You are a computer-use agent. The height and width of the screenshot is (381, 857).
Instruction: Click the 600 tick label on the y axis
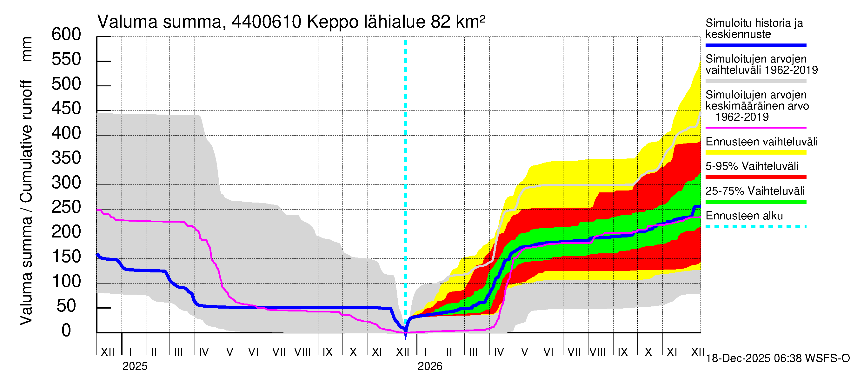[x=66, y=35]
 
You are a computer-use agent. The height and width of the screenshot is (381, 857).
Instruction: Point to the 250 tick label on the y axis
[x=66, y=207]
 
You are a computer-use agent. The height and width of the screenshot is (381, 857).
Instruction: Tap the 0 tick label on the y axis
[x=66, y=331]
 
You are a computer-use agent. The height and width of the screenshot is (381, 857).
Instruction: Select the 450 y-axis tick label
[x=66, y=109]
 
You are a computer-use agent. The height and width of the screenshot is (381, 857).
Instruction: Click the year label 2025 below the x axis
[x=135, y=366]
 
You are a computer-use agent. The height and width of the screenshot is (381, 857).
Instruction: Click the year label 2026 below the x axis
[x=430, y=366]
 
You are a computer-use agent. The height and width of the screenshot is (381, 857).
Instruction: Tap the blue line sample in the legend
[x=755, y=45]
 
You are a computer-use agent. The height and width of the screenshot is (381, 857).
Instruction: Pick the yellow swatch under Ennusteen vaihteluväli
[x=755, y=153]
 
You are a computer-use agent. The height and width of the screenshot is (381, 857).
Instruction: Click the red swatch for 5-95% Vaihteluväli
[x=755, y=177]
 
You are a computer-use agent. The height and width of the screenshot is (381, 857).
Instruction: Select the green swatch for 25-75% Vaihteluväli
[x=755, y=202]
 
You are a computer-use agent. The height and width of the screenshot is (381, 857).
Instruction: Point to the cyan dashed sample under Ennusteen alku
[x=755, y=227]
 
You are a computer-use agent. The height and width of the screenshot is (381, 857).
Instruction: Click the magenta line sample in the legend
[x=755, y=128]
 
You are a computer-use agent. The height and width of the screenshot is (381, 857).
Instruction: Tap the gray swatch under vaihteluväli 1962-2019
[x=755, y=81]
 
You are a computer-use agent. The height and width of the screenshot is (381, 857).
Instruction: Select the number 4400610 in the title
[x=267, y=22]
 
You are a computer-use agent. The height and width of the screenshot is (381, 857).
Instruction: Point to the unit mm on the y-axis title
[x=27, y=49]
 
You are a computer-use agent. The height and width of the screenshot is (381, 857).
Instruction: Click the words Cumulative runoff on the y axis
[x=27, y=141]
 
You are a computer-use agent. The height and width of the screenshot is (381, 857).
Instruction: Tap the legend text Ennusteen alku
[x=744, y=216]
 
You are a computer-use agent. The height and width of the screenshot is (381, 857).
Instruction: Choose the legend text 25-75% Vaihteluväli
[x=755, y=191]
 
